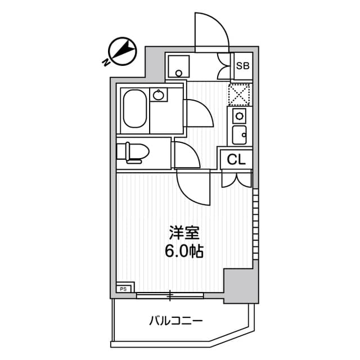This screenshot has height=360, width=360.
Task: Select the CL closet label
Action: (237, 160)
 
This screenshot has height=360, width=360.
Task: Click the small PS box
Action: (124, 289)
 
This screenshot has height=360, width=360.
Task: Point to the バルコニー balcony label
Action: (175, 322)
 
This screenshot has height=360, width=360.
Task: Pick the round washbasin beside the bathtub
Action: (160, 96)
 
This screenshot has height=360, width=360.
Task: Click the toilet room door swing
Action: (187, 155)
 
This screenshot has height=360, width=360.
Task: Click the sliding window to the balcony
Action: (169, 294)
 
